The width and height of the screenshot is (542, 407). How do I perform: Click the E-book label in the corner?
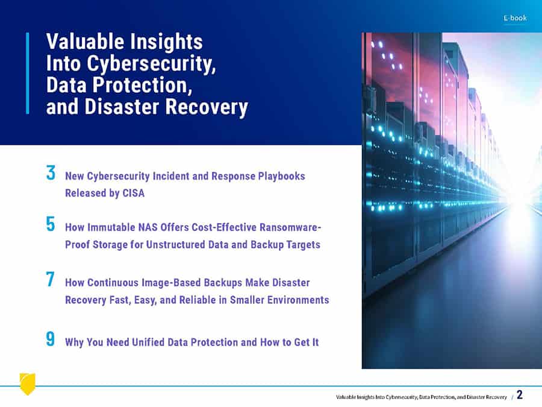pyautogui.click(x=515, y=17)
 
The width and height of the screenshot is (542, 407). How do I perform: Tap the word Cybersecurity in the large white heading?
pyautogui.click(x=151, y=64)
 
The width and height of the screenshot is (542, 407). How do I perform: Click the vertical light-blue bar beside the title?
pyautogui.click(x=28, y=73)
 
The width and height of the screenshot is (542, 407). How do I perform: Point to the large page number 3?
pyautogui.click(x=51, y=172)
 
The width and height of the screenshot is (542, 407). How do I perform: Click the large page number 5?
pyautogui.click(x=51, y=224)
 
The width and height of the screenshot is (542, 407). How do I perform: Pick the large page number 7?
pyautogui.click(x=51, y=279)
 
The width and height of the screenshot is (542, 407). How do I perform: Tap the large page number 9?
pyautogui.click(x=51, y=338)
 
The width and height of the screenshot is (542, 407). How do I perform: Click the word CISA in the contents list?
pyautogui.click(x=134, y=193)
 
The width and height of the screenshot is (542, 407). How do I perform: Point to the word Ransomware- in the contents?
pyautogui.click(x=290, y=227)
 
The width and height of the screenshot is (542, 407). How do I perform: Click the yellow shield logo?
pyautogui.click(x=27, y=383)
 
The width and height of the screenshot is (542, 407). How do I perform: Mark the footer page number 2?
pyautogui.click(x=520, y=394)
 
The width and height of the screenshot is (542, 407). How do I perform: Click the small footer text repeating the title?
pyautogui.click(x=422, y=397)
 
